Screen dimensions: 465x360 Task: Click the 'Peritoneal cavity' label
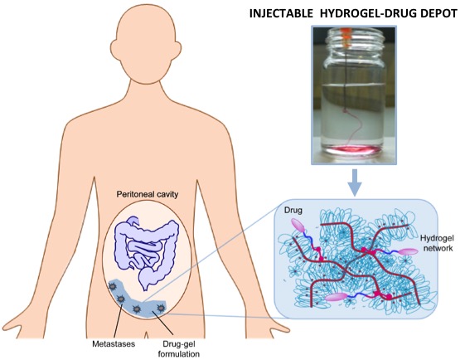tap(147, 194)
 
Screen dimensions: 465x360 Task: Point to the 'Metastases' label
tap(114, 344)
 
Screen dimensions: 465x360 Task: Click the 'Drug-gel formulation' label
tap(179, 349)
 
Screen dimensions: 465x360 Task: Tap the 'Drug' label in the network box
tap(293, 210)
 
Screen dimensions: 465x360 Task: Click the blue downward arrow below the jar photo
tap(355, 182)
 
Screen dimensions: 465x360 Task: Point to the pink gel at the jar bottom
tap(353, 150)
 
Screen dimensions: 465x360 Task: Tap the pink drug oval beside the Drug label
tap(299, 226)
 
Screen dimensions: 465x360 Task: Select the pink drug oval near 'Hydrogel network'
tap(408, 251)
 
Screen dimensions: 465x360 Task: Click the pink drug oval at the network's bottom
tap(336, 297)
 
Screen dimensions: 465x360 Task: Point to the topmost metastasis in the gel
tap(113, 286)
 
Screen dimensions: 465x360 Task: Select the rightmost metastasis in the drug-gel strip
tap(161, 308)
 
